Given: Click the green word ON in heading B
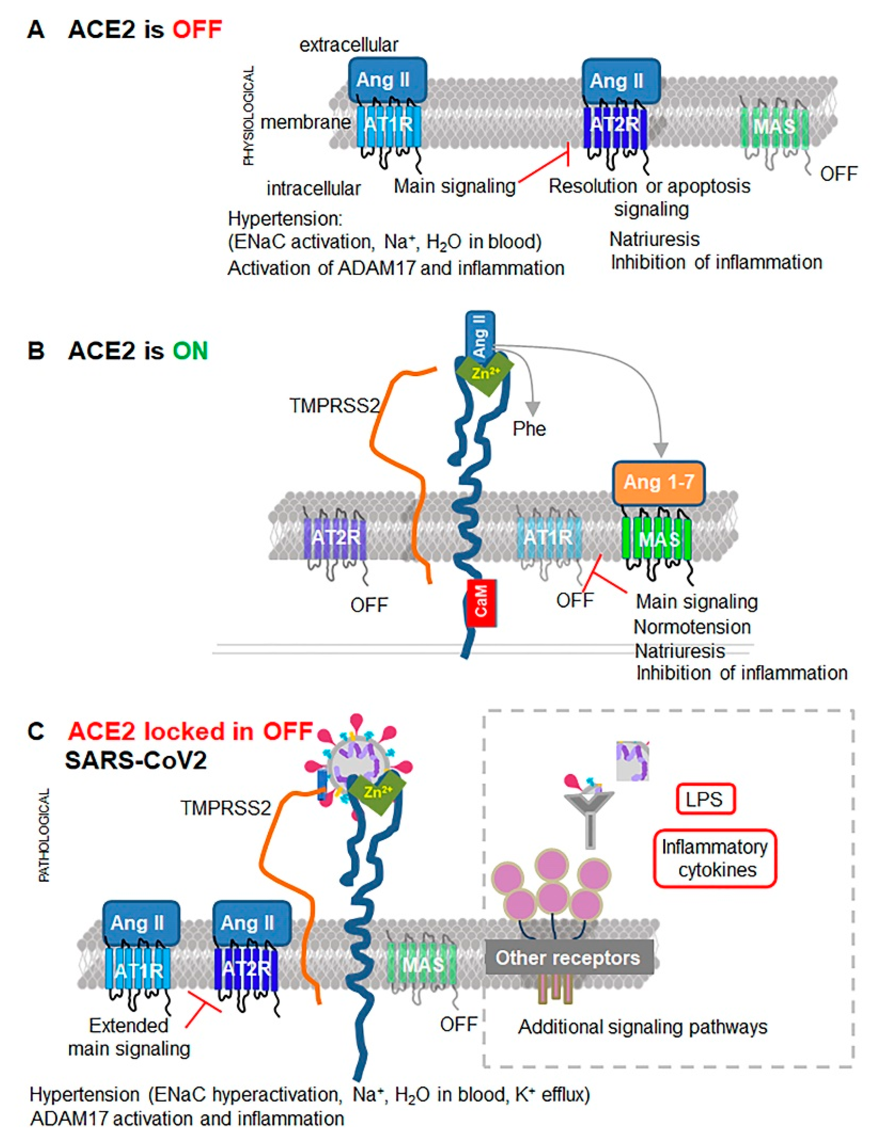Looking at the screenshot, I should (191, 351).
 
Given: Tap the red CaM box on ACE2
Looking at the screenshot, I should (481, 603).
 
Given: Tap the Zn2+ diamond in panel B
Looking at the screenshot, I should (484, 372).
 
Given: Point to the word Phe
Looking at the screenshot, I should (529, 429).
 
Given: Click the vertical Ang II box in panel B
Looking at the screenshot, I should (480, 335).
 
